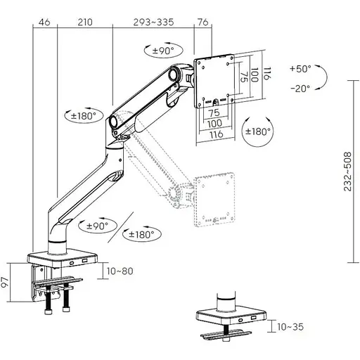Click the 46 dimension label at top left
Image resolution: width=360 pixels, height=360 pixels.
(44, 23)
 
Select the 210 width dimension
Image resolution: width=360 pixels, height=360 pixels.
(84, 23)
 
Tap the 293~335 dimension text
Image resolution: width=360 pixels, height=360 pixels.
(153, 23)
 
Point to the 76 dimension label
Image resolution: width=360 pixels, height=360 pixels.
(203, 23)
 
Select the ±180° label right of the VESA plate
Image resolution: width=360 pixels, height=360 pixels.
(257, 131)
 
